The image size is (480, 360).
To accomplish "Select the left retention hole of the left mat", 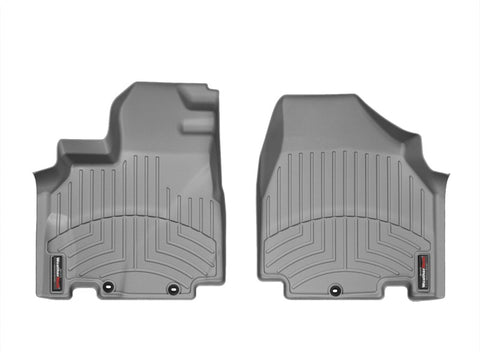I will (x=107, y=290).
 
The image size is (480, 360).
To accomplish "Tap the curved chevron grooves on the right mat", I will (x=345, y=245).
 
